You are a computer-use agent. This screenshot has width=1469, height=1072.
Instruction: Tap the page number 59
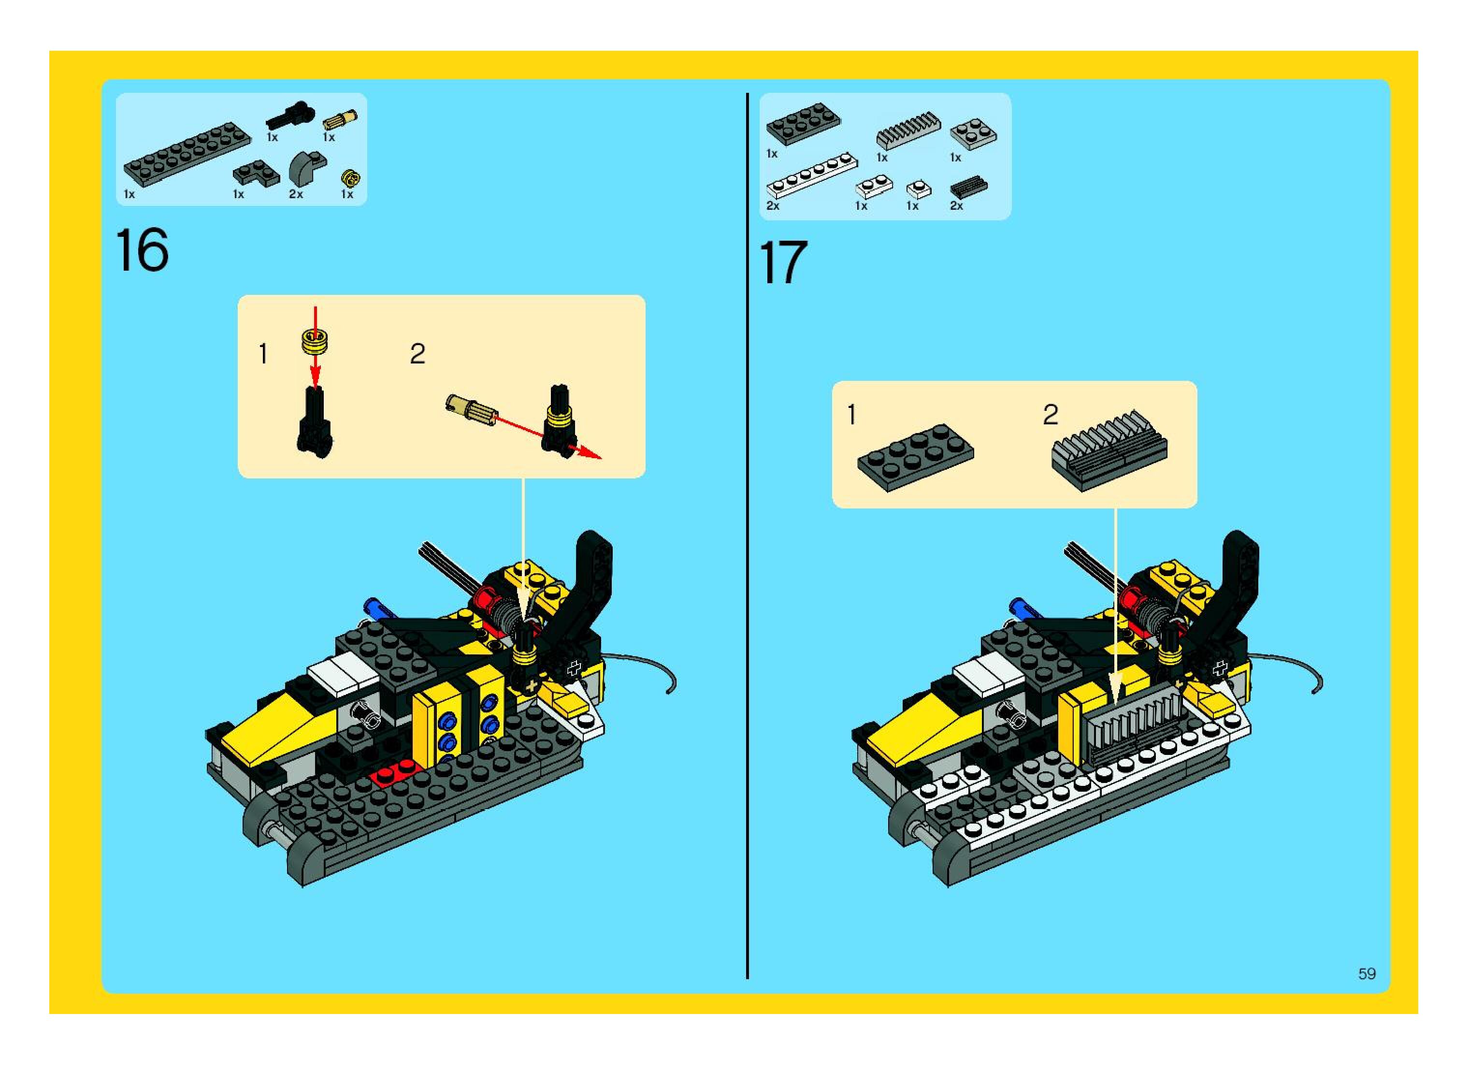[x=1367, y=973]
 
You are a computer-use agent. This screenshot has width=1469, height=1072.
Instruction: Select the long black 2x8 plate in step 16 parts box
[x=187, y=153]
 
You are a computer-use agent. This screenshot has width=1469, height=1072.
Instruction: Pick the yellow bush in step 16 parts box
[x=351, y=177]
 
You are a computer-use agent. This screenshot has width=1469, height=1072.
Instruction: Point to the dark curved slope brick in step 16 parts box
[x=307, y=167]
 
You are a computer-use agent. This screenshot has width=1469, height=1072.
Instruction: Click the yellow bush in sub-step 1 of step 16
[x=315, y=341]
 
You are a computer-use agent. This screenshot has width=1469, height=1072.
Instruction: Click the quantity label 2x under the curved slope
[x=296, y=194]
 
